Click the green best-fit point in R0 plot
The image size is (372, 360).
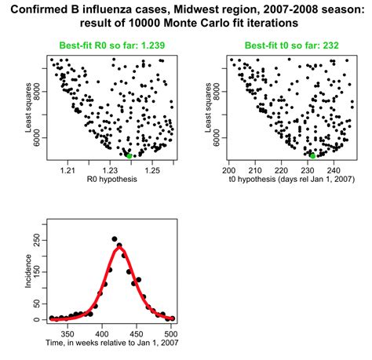pyautogui.click(x=129, y=155)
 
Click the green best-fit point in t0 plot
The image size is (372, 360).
pyautogui.click(x=312, y=155)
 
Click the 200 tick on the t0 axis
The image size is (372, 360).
pyautogui.click(x=229, y=169)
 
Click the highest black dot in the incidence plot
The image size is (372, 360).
pyautogui.click(x=115, y=238)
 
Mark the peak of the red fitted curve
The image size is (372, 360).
pyautogui.click(x=119, y=248)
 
